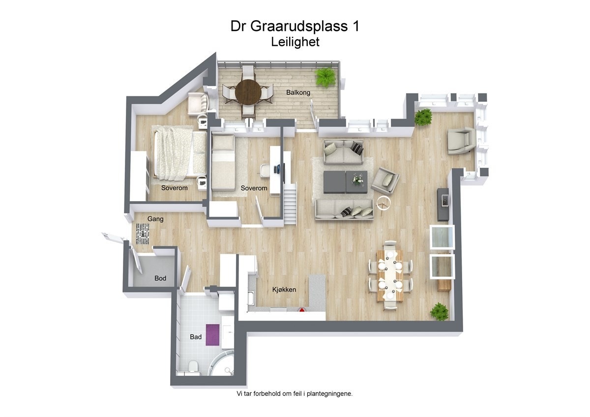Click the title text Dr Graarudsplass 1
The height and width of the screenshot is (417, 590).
295,26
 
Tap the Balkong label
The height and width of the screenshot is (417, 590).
298,92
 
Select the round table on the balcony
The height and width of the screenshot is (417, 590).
248,91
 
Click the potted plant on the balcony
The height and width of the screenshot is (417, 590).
324,77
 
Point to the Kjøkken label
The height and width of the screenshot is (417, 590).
284,290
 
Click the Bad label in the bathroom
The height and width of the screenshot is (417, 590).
195,337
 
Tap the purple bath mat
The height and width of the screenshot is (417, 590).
211,334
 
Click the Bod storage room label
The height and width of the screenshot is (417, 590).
160,278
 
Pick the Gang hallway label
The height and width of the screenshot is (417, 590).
155,219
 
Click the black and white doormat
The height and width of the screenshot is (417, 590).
143,233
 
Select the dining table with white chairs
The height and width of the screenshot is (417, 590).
390,276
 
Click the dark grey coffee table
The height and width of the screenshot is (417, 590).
345,182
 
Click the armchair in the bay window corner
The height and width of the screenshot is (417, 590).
461,141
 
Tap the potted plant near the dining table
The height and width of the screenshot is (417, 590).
439,312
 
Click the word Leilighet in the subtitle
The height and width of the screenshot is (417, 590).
295,42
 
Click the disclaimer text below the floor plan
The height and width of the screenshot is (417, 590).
295,393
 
